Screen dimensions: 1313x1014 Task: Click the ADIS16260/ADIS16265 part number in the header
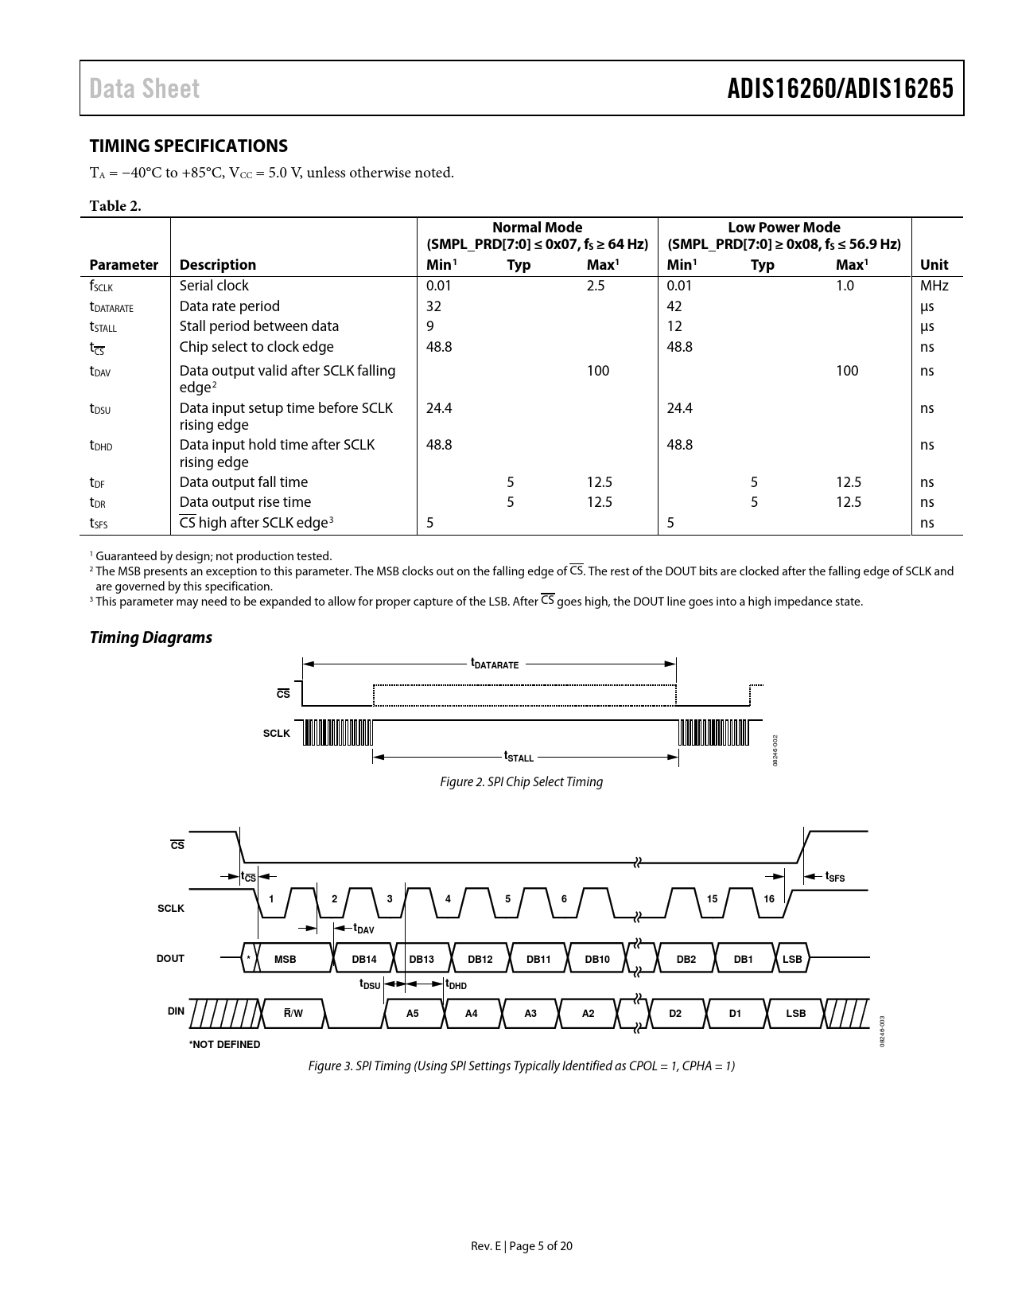(x=840, y=88)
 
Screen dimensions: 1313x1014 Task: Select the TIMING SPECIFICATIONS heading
(x=188, y=146)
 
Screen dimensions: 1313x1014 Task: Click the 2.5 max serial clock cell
(x=596, y=286)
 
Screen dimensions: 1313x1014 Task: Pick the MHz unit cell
(x=934, y=286)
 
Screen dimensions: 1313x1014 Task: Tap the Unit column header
(x=934, y=265)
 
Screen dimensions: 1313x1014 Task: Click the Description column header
(x=217, y=265)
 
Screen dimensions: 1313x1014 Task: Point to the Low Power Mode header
(x=783, y=228)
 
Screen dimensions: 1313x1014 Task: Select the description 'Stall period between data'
(x=258, y=326)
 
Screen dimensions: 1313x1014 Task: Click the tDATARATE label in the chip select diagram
(x=494, y=663)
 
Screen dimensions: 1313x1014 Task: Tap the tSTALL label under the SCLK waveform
(x=519, y=757)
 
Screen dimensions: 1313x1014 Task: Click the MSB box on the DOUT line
(x=285, y=959)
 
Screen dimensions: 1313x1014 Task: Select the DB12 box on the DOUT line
(x=480, y=959)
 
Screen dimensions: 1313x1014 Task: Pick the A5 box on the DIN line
(x=412, y=1013)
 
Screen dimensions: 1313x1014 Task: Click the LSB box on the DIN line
(x=795, y=1013)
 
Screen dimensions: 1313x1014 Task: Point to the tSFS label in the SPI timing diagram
(x=834, y=877)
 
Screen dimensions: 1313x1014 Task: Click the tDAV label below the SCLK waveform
(x=363, y=929)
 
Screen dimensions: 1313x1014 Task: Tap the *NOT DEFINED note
(x=224, y=1044)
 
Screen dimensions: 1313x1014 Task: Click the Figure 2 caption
(x=521, y=781)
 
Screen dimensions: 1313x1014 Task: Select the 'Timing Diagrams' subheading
(x=150, y=637)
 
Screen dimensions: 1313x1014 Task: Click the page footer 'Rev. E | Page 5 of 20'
(x=521, y=1246)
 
